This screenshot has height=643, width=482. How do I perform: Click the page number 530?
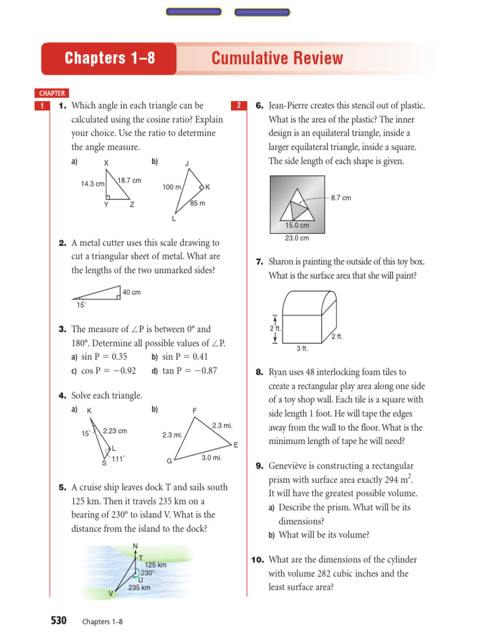pyautogui.click(x=58, y=620)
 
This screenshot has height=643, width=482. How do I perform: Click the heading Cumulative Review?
pyautogui.click(x=277, y=58)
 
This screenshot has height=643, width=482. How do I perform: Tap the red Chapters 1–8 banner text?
pyautogui.click(x=110, y=58)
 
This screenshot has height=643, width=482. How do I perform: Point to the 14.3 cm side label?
pyautogui.click(x=92, y=184)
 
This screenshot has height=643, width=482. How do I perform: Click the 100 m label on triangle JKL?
pyautogui.click(x=171, y=187)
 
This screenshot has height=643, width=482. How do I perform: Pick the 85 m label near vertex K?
pyautogui.click(x=198, y=203)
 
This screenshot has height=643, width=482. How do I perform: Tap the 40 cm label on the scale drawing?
pyautogui.click(x=132, y=292)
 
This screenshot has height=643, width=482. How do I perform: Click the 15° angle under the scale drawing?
pyautogui.click(x=81, y=305)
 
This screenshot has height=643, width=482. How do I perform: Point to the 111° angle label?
pyautogui.click(x=118, y=459)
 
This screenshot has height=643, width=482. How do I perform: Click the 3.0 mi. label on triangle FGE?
pyautogui.click(x=212, y=458)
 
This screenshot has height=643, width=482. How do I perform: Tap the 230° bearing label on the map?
pyautogui.click(x=147, y=573)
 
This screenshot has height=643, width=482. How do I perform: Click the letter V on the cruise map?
pyautogui.click(x=110, y=593)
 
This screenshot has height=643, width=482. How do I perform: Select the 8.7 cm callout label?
pyautogui.click(x=341, y=198)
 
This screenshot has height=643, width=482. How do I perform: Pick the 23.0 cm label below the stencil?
pyautogui.click(x=297, y=238)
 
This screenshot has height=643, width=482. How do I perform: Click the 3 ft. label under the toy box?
pyautogui.click(x=302, y=349)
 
